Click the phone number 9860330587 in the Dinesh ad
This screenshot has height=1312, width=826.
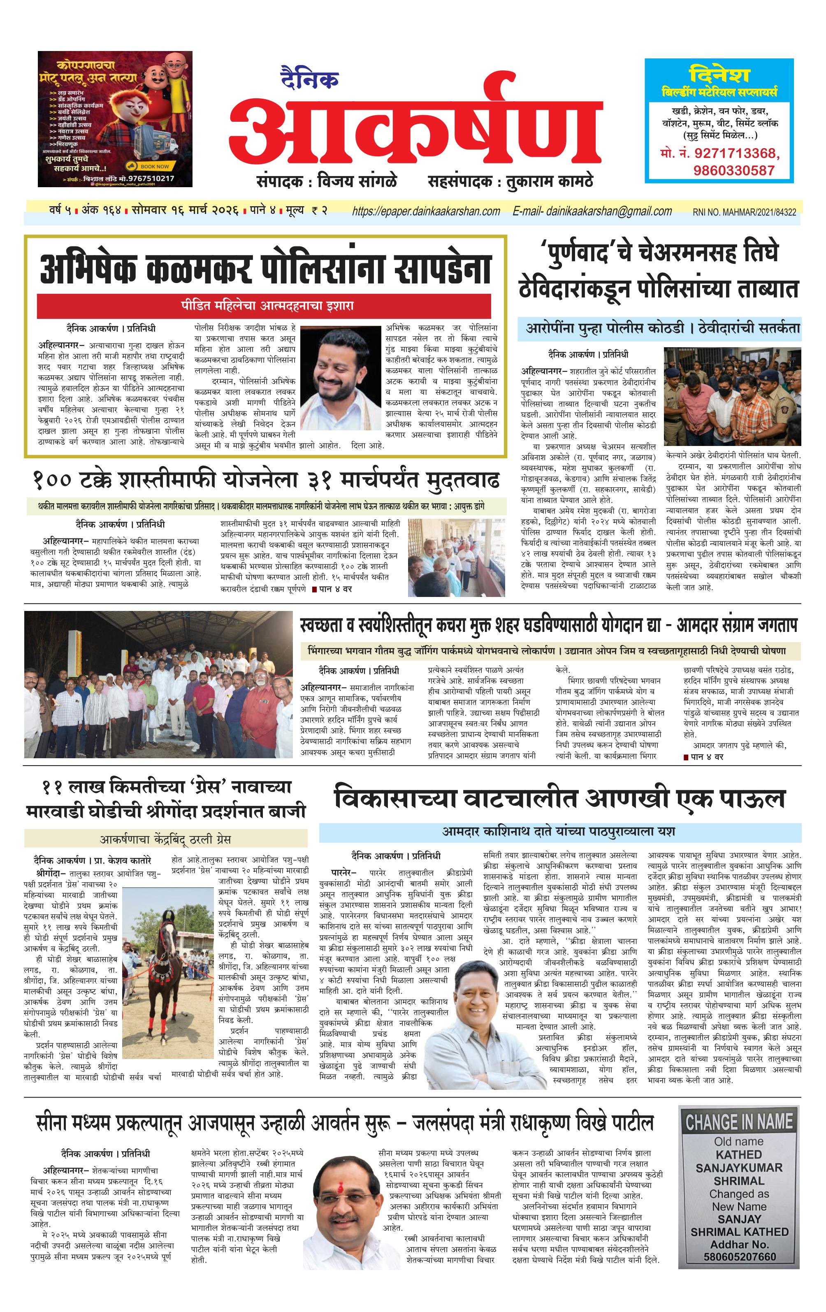coord(733,171)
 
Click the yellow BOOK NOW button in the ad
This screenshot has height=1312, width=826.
coord(151,166)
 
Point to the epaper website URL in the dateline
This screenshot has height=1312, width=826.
coord(426,211)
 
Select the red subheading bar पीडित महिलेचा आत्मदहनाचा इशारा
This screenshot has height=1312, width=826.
coord(264,305)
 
